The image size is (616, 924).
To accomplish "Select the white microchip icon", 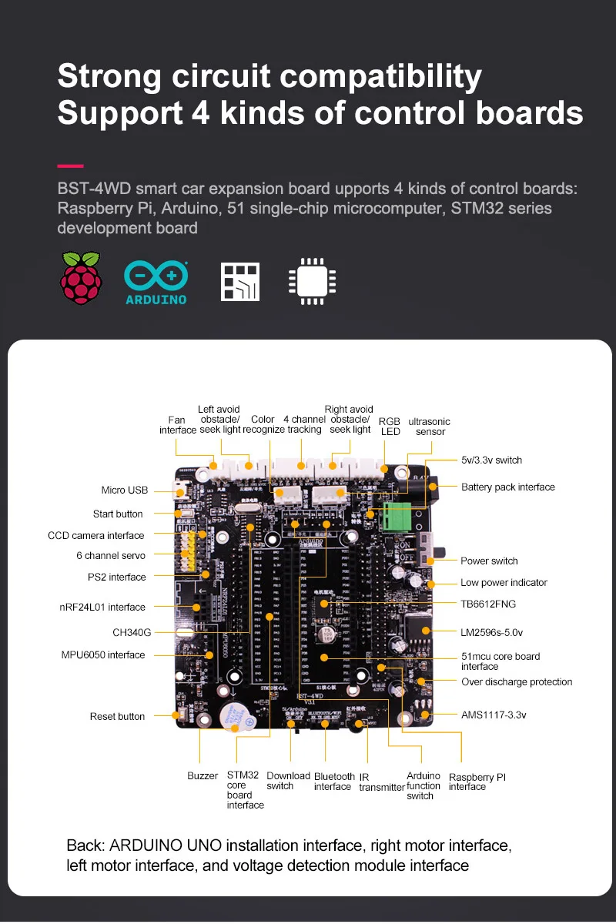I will click(x=311, y=282).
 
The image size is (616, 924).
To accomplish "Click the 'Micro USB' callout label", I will click(x=124, y=490).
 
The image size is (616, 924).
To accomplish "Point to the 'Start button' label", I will click(x=118, y=514).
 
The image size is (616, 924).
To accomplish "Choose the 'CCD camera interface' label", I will click(x=95, y=535).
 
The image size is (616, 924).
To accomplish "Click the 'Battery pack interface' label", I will click(x=507, y=487).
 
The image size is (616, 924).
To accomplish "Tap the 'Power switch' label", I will click(x=489, y=561).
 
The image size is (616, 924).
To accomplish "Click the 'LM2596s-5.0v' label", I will click(x=491, y=632).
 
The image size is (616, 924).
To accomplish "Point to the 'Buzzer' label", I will click(x=203, y=775).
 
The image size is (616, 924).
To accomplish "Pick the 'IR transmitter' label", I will click(x=381, y=782).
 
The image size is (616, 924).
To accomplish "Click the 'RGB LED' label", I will click(x=390, y=427).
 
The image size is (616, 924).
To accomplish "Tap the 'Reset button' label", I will click(x=117, y=716).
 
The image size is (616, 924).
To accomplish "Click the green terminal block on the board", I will click(x=399, y=514).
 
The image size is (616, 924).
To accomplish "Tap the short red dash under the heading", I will click(x=70, y=166).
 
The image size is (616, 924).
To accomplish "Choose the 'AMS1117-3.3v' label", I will click(x=494, y=715).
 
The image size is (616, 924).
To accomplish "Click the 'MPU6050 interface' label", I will click(x=103, y=654).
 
